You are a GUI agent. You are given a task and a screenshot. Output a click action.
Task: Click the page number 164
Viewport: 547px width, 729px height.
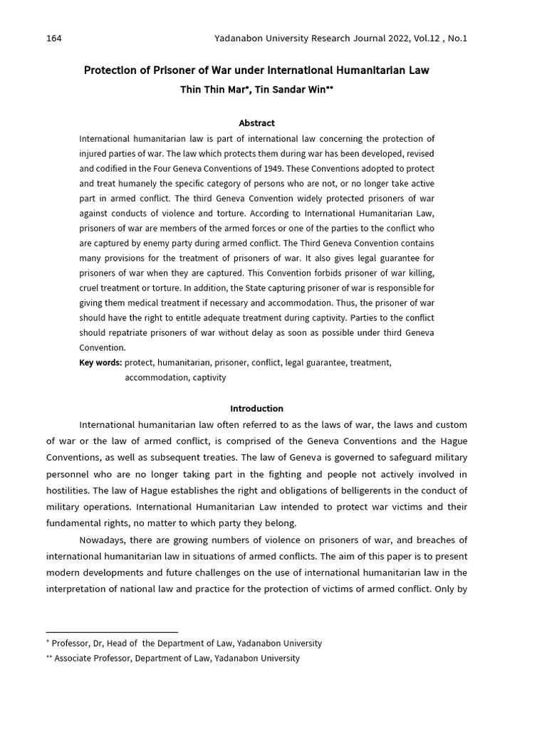tap(54, 38)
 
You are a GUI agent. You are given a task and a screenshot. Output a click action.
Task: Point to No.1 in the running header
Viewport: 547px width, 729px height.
tap(455, 38)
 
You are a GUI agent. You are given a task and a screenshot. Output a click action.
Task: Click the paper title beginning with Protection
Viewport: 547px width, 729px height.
tap(256, 70)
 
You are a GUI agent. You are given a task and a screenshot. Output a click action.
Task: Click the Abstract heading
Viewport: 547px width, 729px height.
tap(256, 123)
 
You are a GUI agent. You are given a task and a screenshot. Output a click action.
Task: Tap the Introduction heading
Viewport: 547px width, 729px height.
tap(256, 409)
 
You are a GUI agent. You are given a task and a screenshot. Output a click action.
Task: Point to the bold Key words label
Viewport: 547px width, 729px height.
tap(100, 362)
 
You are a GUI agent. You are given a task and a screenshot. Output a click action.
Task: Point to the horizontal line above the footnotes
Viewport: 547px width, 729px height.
tap(112, 632)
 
